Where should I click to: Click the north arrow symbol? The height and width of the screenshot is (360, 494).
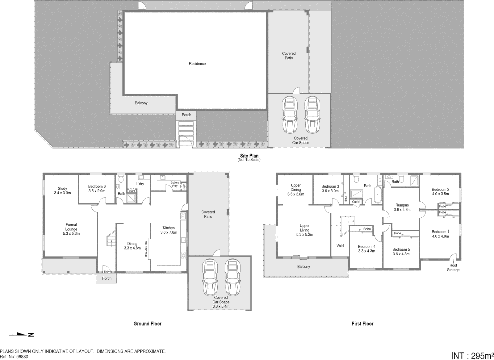coord(21,334)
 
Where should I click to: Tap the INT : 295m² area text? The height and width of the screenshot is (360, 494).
coord(472,355)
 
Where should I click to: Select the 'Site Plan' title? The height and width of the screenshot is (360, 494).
coord(249,156)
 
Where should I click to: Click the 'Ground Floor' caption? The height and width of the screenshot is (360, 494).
coord(147,323)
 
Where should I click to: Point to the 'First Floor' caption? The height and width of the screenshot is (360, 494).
coord(362,323)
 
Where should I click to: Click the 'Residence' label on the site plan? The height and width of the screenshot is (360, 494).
coord(197,64)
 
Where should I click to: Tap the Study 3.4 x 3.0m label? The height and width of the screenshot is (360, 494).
coord(62,191)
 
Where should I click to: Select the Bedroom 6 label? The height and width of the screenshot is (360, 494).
coord(97,189)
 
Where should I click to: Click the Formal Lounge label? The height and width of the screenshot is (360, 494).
coord(71,229)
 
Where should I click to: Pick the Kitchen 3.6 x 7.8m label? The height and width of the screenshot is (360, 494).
coord(169,230)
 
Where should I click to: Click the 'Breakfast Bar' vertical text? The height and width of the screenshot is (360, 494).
coord(146,249)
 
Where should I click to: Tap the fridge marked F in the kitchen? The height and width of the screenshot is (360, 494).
coord(183,216)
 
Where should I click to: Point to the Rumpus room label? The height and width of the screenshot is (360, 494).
coord(402,207)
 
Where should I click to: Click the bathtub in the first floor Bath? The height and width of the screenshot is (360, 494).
coord(377,195)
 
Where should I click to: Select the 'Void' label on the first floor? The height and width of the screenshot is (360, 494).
coord(340,246)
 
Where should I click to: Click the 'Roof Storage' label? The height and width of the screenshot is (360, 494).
coord(453,267)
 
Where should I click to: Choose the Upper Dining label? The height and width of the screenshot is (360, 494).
coord(296,190)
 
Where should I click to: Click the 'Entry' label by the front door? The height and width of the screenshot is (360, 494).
coord(107,272)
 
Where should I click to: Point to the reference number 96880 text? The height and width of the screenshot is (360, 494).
coord(14,356)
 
